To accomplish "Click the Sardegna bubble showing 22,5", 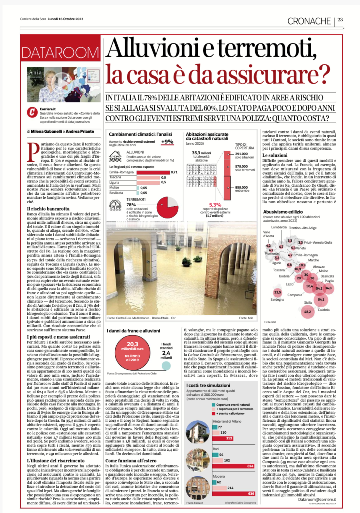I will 277,292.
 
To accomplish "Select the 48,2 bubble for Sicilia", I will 308,311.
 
